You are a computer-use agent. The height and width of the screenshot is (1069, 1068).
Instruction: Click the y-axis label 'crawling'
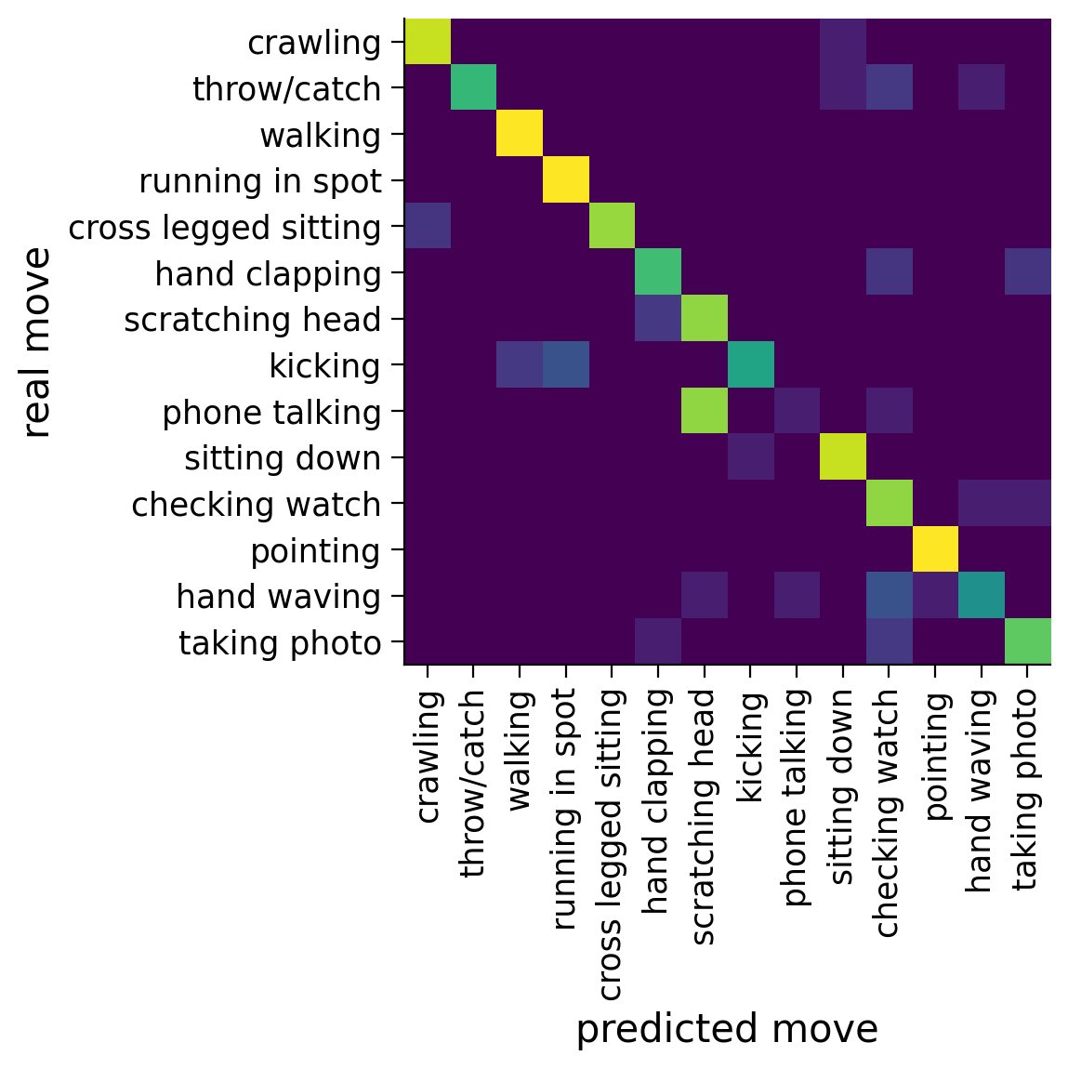click(314, 43)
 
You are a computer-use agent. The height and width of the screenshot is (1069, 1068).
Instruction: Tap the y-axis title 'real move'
click(37, 342)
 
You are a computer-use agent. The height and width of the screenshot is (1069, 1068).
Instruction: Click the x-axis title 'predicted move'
click(727, 1030)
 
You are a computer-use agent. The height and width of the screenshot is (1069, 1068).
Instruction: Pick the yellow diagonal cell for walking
click(520, 135)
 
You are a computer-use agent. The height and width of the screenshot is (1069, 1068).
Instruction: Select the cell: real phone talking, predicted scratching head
click(705, 412)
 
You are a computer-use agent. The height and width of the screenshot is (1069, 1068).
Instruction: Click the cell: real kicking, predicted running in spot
click(566, 365)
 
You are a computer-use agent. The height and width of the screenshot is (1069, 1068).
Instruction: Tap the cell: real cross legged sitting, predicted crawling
click(428, 227)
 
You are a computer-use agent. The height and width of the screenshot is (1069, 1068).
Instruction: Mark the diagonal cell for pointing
click(935, 550)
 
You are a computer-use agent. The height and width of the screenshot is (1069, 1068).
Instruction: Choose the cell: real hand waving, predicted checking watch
click(889, 597)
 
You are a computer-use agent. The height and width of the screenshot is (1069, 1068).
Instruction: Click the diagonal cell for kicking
click(751, 365)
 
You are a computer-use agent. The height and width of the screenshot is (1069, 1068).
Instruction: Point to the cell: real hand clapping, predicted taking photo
click(1027, 273)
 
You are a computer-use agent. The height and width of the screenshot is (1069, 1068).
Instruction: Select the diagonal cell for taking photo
click(1027, 642)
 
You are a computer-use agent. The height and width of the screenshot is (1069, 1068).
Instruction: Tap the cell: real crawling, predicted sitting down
click(843, 43)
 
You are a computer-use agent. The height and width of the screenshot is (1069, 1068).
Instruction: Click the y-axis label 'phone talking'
click(271, 413)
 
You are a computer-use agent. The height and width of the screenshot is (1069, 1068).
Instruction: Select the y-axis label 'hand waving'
click(279, 597)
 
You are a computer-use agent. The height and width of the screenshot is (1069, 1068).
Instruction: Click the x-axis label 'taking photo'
click(1026, 789)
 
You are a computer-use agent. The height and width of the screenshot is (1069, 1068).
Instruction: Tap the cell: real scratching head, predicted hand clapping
click(658, 320)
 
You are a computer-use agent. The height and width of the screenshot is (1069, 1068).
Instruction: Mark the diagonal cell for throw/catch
click(474, 88)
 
